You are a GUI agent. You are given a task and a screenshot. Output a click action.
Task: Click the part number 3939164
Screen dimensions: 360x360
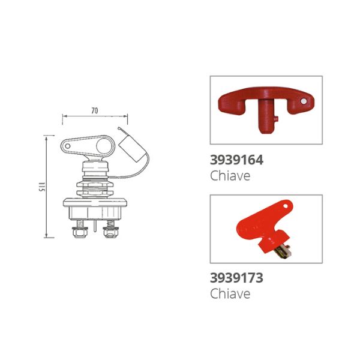point(236,160)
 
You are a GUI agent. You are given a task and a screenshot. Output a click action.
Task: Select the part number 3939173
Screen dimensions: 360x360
point(236,278)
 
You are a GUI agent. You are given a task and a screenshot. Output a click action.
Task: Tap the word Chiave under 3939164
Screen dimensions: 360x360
point(230,176)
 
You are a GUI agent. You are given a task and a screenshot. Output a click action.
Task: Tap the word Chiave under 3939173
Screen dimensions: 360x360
point(230,293)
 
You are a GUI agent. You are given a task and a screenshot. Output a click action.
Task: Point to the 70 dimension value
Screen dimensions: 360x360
point(95,110)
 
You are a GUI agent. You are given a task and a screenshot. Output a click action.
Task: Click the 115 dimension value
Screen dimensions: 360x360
point(41,187)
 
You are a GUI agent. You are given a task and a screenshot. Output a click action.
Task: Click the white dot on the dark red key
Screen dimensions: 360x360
point(304,101)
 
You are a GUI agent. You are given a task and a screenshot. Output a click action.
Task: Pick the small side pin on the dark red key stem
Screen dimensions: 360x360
point(276,119)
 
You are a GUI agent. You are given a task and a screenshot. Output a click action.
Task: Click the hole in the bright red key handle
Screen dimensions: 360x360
point(285,206)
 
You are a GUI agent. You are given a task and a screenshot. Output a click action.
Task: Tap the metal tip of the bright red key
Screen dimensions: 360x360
point(284,252)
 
